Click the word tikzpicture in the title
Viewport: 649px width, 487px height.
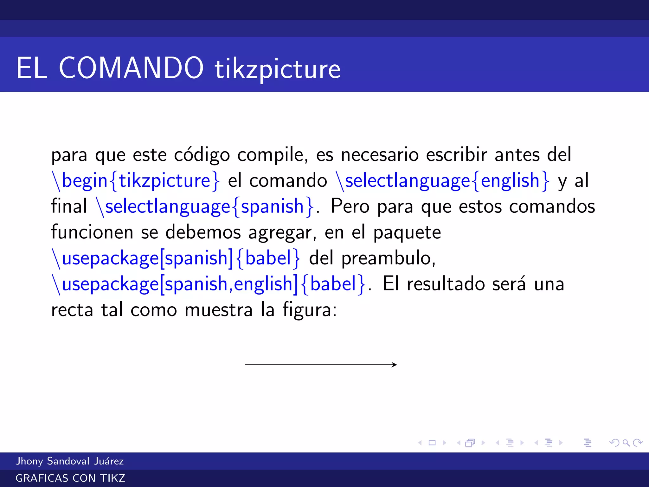pyautogui.click(x=278, y=69)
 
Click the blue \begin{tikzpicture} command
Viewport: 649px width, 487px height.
pyautogui.click(x=135, y=181)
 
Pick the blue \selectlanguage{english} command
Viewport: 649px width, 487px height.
pyautogui.click(x=443, y=181)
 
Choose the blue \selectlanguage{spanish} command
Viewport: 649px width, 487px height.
pyautogui.click(x=205, y=207)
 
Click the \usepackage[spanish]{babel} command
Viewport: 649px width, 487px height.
pyautogui.click(x=176, y=258)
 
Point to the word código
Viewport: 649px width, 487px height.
pyautogui.click(x=202, y=155)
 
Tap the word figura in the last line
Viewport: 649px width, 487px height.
pyautogui.click(x=310, y=310)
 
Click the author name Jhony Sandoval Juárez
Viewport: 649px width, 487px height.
pyautogui.click(x=70, y=461)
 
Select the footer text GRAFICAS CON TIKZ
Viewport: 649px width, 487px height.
pyautogui.click(x=70, y=478)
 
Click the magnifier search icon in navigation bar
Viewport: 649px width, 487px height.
pyautogui.click(x=626, y=443)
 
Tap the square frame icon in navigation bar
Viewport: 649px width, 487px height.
pyautogui.click(x=432, y=443)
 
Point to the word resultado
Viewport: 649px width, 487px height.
pyautogui.click(x=446, y=284)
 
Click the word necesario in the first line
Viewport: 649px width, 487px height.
pyautogui.click(x=380, y=155)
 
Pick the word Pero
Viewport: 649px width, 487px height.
pyautogui.click(x=350, y=207)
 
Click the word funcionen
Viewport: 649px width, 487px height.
pyautogui.click(x=92, y=232)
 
